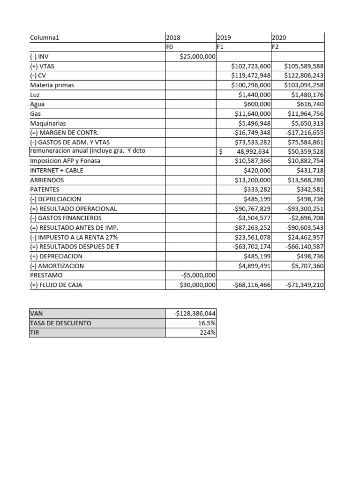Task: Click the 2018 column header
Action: (173, 37)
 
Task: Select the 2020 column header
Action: (279, 37)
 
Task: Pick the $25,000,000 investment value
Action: (197, 57)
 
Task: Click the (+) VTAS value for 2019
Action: (251, 66)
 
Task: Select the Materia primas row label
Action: (52, 85)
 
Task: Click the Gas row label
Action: (35, 113)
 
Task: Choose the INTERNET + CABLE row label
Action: (57, 171)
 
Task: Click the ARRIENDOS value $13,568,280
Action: (304, 180)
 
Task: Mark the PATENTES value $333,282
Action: (257, 189)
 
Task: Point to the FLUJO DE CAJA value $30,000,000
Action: (197, 285)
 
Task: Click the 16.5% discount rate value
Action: (207, 323)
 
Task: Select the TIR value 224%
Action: (208, 332)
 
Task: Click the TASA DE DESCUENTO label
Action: (60, 323)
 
